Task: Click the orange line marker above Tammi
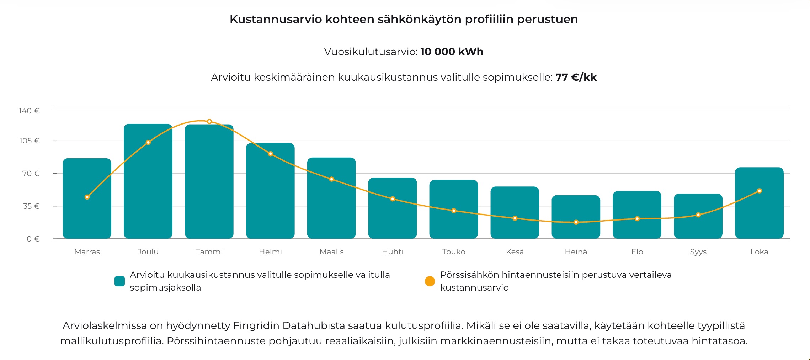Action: pos(209,122)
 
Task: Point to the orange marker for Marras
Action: pos(87,197)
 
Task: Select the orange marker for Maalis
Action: pos(331,179)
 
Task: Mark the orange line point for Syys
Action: pos(698,215)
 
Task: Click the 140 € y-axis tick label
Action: pos(29,111)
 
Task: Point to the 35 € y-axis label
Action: pos(31,206)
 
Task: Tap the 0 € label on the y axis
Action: pos(33,239)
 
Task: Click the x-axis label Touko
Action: pos(454,252)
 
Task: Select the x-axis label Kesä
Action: pos(515,252)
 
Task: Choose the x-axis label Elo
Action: pos(637,252)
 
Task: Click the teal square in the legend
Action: pos(120,281)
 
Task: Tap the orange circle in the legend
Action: pos(430,281)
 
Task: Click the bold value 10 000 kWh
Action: pos(452,52)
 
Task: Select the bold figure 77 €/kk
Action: pos(576,78)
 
